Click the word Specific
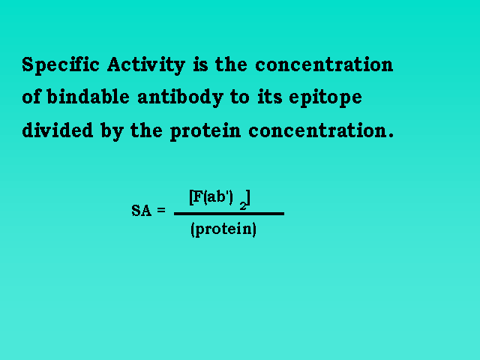click(x=61, y=65)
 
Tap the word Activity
click(x=146, y=65)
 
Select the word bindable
click(x=88, y=97)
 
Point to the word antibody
click(x=180, y=97)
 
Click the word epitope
click(x=325, y=98)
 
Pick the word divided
click(x=58, y=130)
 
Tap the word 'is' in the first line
click(x=200, y=64)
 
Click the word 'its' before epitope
click(x=270, y=97)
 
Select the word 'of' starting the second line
click(x=31, y=97)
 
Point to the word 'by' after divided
click(x=112, y=131)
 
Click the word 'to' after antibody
click(x=240, y=97)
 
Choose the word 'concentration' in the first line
click(x=324, y=65)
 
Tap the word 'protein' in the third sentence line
click(x=205, y=131)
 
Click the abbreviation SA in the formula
click(x=142, y=211)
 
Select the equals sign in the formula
click(x=161, y=210)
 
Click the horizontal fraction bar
click(x=229, y=214)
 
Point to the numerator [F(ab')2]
click(x=220, y=199)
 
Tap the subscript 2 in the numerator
click(x=243, y=206)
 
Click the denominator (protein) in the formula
click(x=223, y=229)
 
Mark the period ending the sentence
click(x=391, y=135)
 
